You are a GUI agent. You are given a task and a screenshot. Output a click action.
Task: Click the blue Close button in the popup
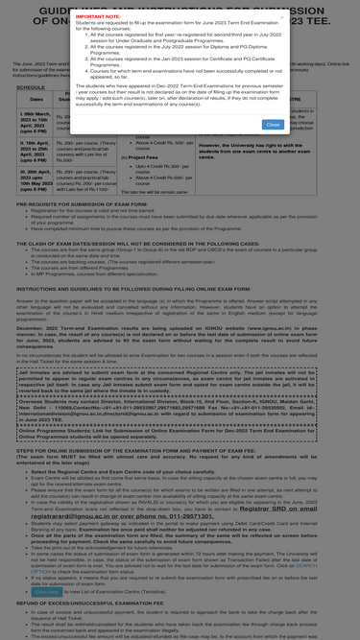coord(273,124)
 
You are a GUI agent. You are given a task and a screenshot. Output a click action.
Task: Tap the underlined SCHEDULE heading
coord(31,86)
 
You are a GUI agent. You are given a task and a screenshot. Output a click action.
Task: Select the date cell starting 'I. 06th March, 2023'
coord(35,121)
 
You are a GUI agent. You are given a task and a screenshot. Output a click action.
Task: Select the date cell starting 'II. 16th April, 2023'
coord(35,150)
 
